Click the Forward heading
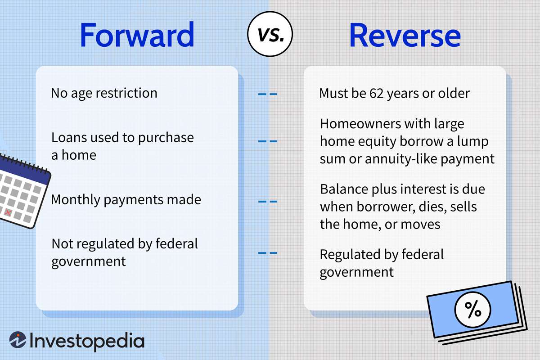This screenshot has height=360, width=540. click(x=137, y=36)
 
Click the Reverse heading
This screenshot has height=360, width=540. click(x=405, y=36)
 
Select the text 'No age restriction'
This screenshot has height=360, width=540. click(x=104, y=93)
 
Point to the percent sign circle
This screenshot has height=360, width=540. click(x=472, y=310)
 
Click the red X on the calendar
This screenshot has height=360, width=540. click(x=8, y=212)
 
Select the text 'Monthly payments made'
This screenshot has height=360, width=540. click(x=126, y=199)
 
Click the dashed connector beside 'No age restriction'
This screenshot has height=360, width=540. click(x=267, y=94)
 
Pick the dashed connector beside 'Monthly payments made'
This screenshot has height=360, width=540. click(x=267, y=201)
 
